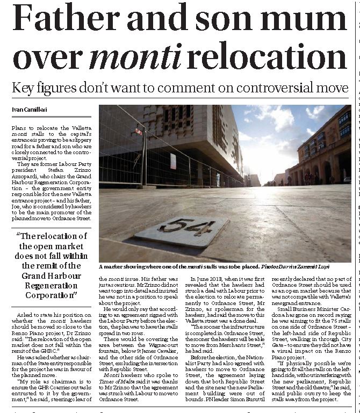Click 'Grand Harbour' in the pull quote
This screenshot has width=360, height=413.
[x=50, y=275]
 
